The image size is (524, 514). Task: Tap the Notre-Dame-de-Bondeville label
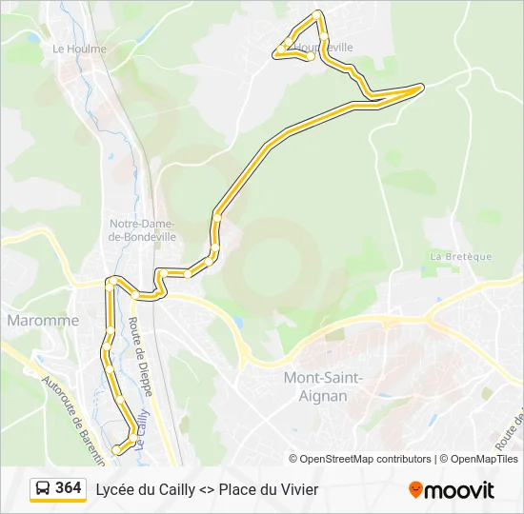(x=141, y=229)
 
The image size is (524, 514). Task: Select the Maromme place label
(x=43, y=321)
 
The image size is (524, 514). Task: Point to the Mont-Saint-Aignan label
(x=324, y=385)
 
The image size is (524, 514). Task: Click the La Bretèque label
(x=460, y=256)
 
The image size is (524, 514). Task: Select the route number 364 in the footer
(x=68, y=488)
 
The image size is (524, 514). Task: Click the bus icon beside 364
(x=44, y=489)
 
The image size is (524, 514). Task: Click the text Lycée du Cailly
(x=144, y=489)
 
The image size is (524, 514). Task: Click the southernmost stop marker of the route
(x=117, y=449)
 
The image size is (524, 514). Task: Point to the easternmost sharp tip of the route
(x=421, y=87)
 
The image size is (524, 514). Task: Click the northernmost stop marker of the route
(x=318, y=15)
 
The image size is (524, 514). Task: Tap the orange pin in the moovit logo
(x=415, y=490)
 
